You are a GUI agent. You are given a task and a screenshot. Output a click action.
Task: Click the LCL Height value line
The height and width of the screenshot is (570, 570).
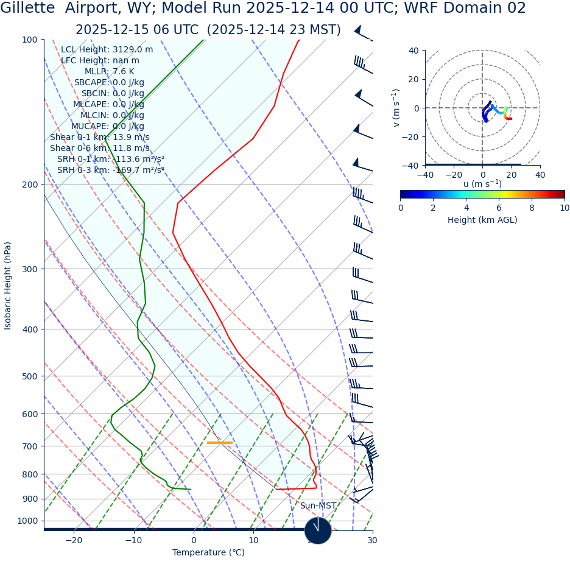[x=107, y=49]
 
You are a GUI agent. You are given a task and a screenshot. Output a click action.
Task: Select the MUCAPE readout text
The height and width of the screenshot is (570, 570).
[x=108, y=126]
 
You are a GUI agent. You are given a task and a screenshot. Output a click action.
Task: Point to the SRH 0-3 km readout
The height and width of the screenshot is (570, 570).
[x=111, y=170]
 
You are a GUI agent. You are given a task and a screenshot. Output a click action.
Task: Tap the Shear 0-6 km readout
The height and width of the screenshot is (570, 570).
[x=100, y=148]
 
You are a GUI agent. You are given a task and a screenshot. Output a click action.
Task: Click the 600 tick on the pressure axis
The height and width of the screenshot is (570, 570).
[x=28, y=414]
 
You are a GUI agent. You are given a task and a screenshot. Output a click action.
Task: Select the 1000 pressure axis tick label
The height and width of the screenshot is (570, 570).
[x=26, y=521]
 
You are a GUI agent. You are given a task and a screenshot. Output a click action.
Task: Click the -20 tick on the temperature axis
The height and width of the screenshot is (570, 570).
[x=74, y=540]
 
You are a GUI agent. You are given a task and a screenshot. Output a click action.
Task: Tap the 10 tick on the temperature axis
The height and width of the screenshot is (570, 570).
[x=253, y=540]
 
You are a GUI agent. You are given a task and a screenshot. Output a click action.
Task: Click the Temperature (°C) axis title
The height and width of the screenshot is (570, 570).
[x=208, y=552]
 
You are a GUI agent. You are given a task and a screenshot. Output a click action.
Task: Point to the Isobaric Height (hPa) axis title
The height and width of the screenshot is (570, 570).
[x=8, y=286]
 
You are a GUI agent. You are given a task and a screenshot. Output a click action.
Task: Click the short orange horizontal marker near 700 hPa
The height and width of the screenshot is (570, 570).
[x=219, y=443]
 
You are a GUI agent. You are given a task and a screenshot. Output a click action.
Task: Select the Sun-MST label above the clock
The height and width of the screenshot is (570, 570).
[x=318, y=505]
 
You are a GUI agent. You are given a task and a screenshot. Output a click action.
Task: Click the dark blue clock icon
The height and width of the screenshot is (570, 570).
[x=318, y=530]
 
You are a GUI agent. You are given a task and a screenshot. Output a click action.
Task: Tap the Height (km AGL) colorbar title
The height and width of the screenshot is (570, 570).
[x=482, y=220]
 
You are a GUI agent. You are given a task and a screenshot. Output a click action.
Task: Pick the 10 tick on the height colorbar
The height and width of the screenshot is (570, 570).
[x=565, y=208]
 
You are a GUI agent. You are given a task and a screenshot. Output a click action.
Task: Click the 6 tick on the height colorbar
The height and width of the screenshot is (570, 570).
[x=499, y=208]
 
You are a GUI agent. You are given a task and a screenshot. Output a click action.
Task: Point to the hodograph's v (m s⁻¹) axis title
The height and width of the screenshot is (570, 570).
[x=396, y=108]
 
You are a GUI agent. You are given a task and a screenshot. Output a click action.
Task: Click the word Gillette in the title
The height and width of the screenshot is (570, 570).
[x=27, y=9]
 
